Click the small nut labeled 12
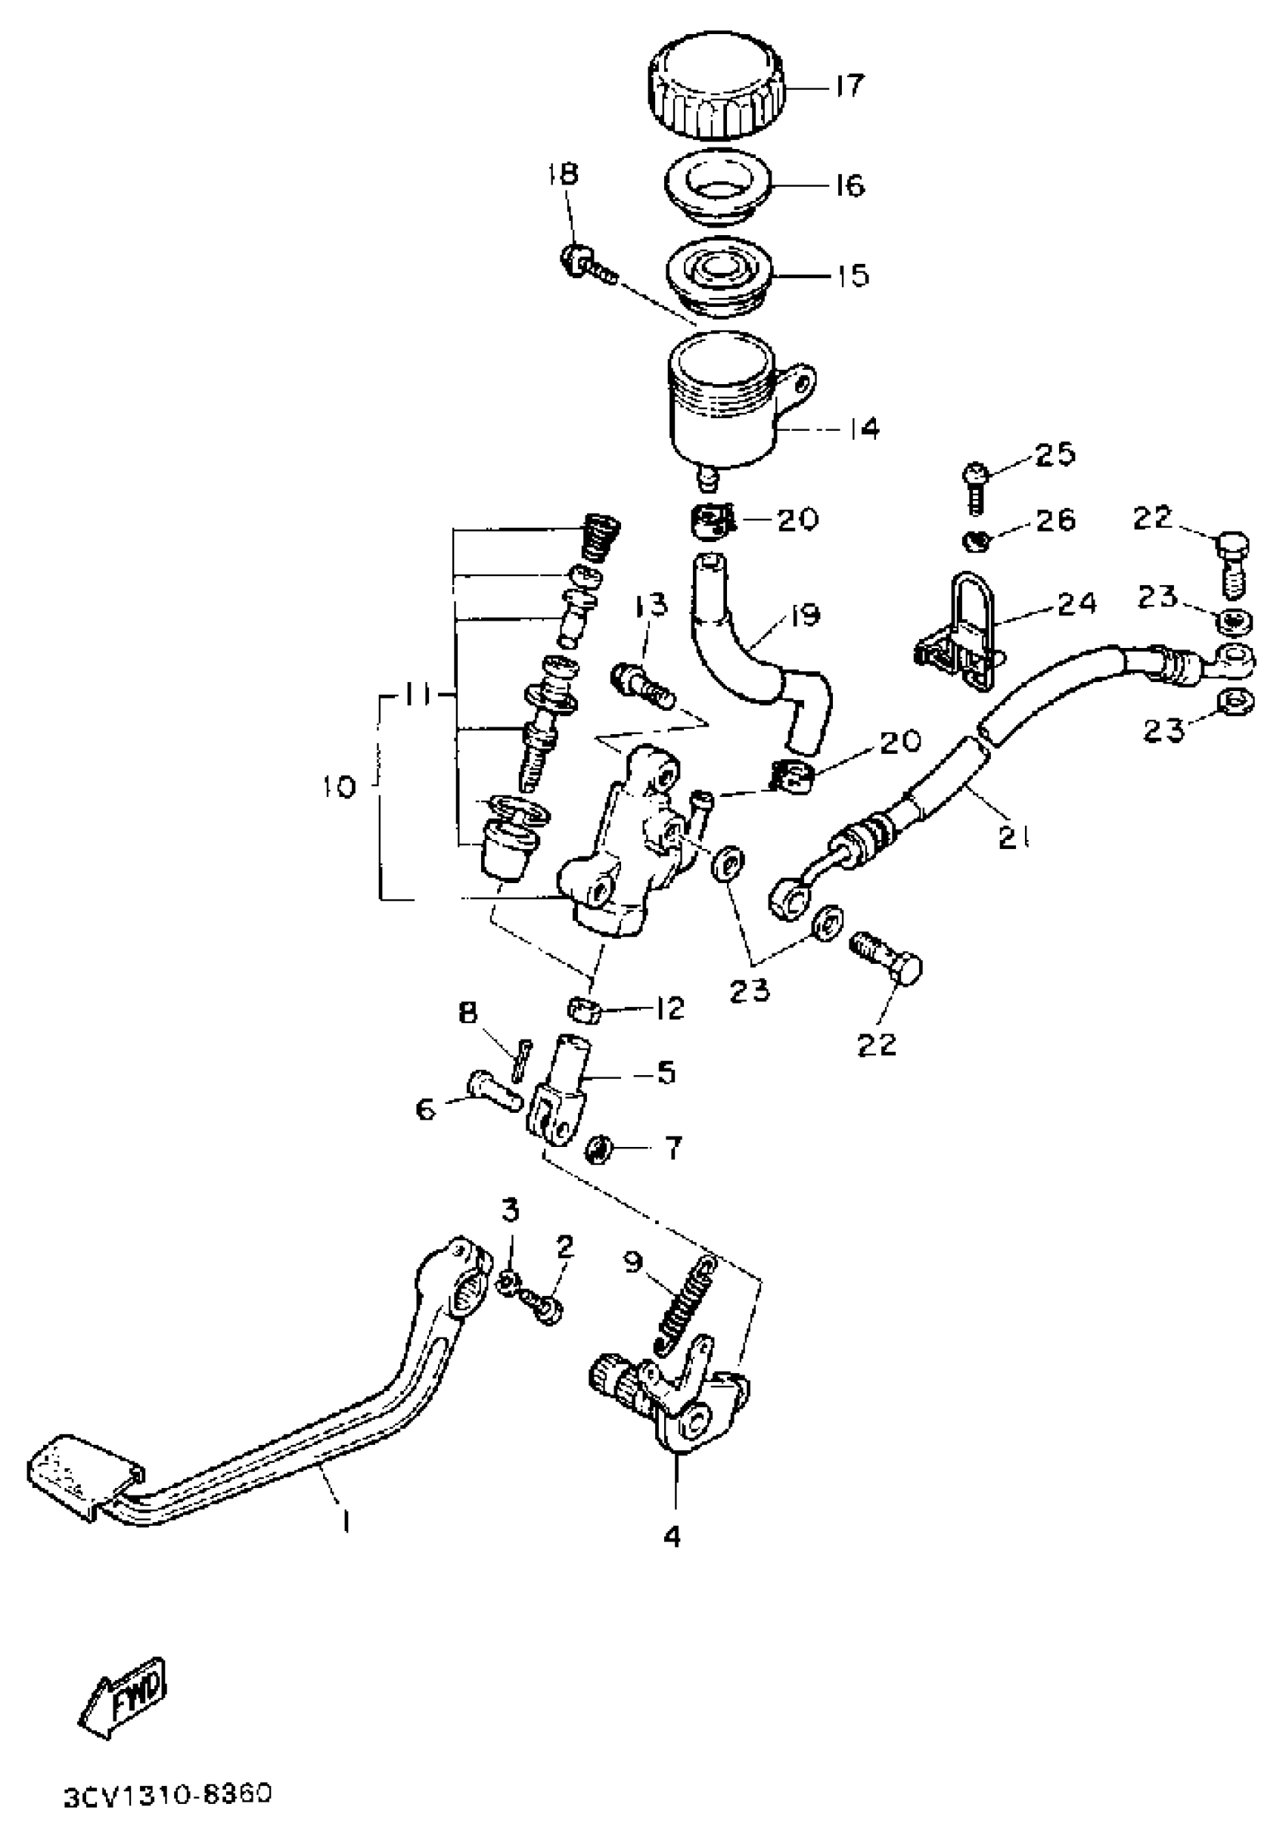point(586,1009)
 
